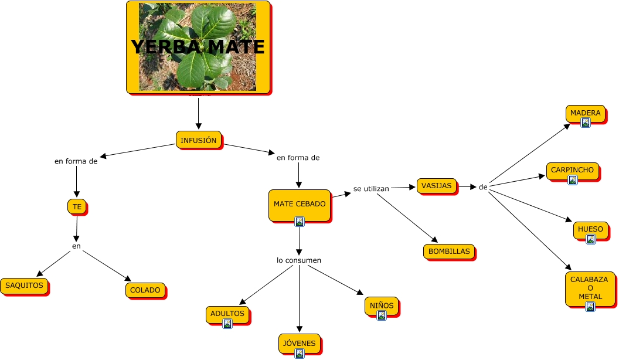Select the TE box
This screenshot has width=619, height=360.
click(77, 206)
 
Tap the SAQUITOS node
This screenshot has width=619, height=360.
click(24, 286)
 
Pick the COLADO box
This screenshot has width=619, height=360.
click(145, 290)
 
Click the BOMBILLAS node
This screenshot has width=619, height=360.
click(449, 252)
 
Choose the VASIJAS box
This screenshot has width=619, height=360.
click(437, 186)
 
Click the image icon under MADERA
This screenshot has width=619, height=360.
click(585, 123)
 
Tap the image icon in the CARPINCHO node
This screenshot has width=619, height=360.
click(573, 180)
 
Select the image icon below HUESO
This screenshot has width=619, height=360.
click(590, 239)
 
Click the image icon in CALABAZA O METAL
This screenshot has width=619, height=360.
click(590, 307)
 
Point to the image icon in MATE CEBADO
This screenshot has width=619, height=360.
click(300, 222)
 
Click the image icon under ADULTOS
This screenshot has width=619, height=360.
click(227, 324)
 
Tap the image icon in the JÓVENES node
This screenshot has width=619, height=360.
click(300, 353)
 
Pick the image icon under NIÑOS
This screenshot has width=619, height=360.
click(382, 315)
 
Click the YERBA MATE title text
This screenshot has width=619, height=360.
click(198, 47)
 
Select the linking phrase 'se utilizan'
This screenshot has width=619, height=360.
click(371, 189)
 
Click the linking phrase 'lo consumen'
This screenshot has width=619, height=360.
click(299, 260)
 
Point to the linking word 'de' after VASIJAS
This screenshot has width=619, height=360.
click(483, 187)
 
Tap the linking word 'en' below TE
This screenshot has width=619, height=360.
click(76, 246)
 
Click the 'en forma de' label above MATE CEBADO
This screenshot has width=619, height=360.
click(298, 158)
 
